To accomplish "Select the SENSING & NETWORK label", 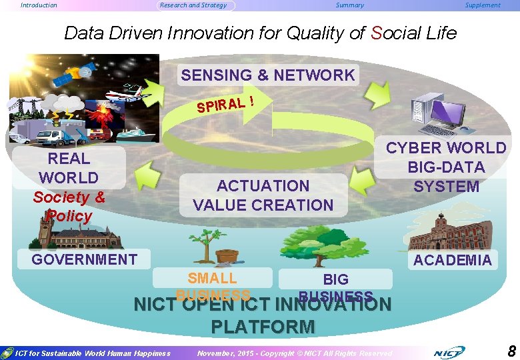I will [x=268, y=75].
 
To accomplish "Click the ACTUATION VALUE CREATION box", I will [x=263, y=195].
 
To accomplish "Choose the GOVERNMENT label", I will [x=85, y=259].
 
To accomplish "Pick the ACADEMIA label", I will [x=452, y=260].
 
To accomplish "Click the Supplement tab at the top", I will [x=483, y=5].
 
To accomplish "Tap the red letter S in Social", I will [x=377, y=33].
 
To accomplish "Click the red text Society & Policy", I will [x=69, y=207].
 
